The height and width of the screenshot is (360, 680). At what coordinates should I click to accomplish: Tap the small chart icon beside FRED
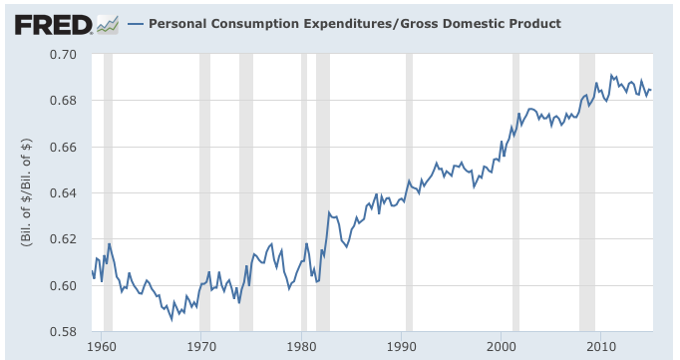(108, 23)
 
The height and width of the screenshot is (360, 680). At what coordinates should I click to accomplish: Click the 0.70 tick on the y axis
(64, 54)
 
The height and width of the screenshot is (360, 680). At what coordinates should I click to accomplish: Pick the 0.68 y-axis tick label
(64, 101)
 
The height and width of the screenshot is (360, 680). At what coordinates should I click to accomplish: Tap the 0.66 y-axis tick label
(64, 147)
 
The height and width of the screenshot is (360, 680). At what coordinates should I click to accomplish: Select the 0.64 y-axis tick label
(64, 193)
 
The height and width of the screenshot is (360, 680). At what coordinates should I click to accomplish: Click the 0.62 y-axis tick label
(64, 239)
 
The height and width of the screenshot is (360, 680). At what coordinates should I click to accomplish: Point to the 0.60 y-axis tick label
(64, 286)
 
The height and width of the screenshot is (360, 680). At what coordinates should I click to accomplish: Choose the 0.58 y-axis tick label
(64, 332)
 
